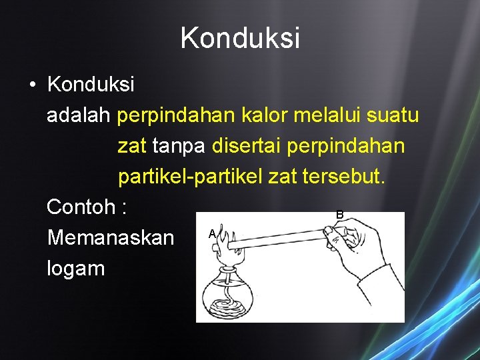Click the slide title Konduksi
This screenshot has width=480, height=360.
(240, 38)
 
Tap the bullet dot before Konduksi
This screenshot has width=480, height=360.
(31, 85)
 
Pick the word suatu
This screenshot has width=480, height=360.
(394, 115)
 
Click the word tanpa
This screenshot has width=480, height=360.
(179, 145)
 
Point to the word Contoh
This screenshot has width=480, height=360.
(81, 207)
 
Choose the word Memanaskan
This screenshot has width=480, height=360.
(110, 237)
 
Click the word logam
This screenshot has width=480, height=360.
(75, 268)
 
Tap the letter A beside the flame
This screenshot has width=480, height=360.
(211, 234)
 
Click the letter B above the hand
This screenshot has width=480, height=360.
(340, 215)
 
